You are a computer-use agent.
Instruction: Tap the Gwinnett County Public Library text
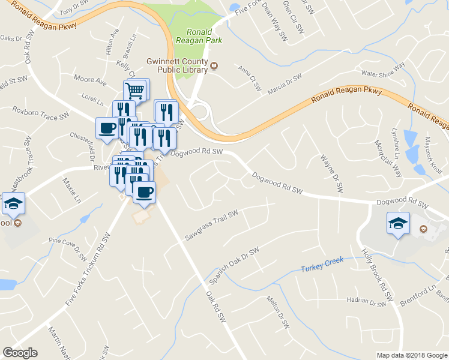pyautogui.click(x=177, y=65)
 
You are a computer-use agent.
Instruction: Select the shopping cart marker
pyautogui.click(x=136, y=91)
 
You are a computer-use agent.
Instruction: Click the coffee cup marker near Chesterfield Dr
pyautogui.click(x=107, y=128)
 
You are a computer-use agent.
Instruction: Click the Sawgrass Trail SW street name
pyautogui.click(x=211, y=226)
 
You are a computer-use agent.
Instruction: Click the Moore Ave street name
pyautogui.click(x=90, y=79)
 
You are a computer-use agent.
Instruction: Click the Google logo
pyautogui.click(x=20, y=353)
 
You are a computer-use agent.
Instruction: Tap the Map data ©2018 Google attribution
pyautogui.click(x=411, y=355)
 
